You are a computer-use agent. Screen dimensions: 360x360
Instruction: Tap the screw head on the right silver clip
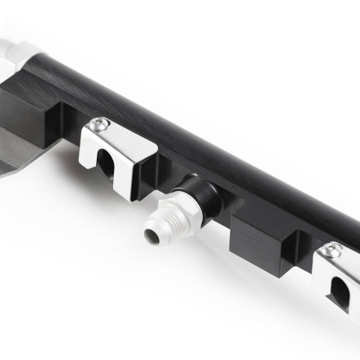(x=334, y=249)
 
